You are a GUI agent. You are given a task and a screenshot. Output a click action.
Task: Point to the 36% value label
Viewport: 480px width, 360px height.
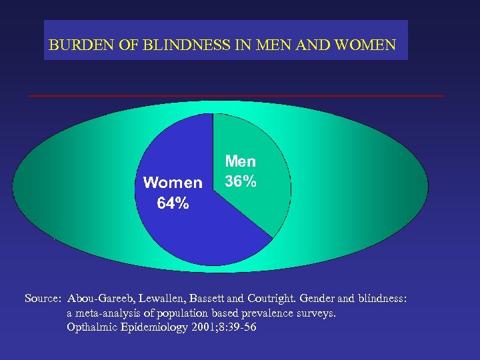pos(240,181)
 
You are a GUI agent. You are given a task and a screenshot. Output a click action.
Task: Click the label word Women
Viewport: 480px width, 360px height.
pos(173,183)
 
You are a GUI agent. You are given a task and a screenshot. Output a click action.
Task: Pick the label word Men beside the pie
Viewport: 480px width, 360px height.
pos(241,161)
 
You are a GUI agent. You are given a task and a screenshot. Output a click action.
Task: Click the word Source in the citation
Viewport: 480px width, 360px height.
pos(42,299)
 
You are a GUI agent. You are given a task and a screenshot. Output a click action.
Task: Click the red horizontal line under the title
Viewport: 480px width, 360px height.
pos(236,96)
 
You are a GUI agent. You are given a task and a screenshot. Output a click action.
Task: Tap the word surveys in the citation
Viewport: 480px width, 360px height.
pos(317,313)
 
